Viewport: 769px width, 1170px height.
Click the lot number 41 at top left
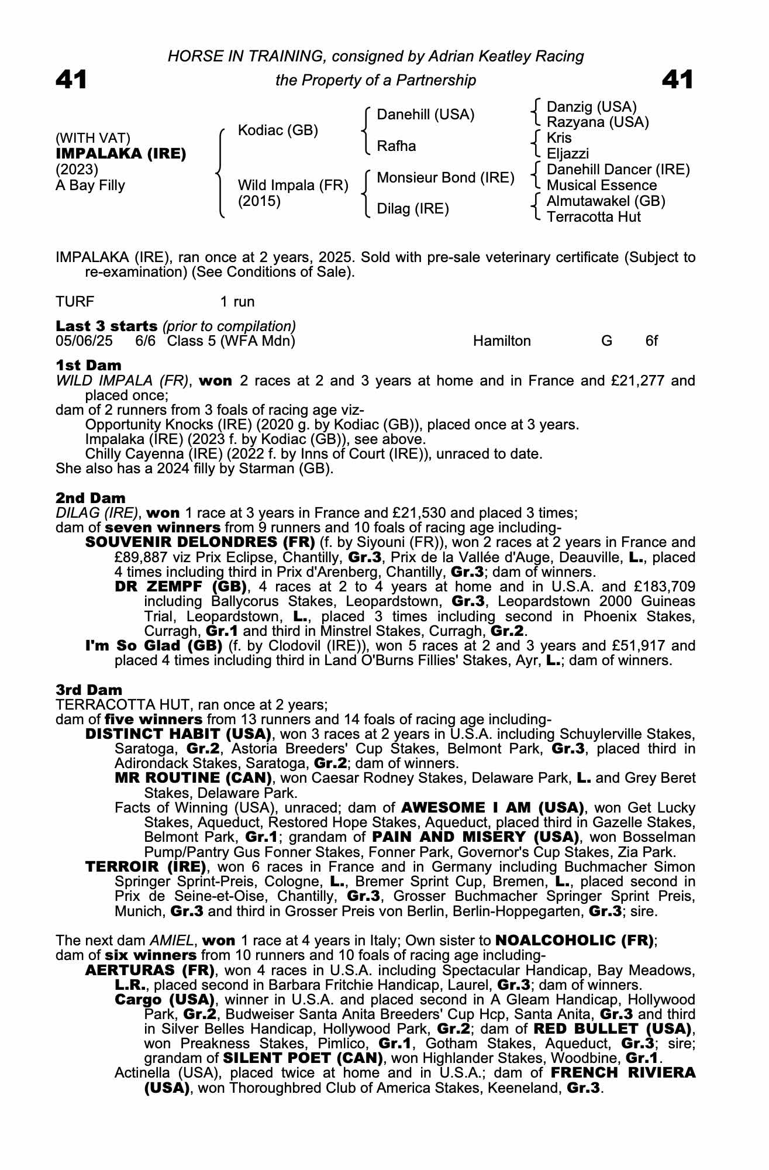pyautogui.click(x=71, y=80)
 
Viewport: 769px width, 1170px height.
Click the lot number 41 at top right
pyautogui.click(x=678, y=80)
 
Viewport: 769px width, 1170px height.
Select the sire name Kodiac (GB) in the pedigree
pyautogui.click(x=278, y=130)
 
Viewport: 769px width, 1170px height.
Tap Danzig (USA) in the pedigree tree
pyautogui.click(x=591, y=107)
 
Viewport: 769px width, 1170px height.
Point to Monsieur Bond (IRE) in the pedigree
pyautogui.click(x=446, y=178)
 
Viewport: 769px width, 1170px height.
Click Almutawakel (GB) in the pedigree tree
pyautogui.click(x=606, y=201)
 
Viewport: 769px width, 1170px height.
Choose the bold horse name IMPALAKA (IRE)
pyautogui.click(x=121, y=154)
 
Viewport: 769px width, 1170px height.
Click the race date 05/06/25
pyautogui.click(x=84, y=341)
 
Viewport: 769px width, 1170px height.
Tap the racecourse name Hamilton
pyautogui.click(x=502, y=341)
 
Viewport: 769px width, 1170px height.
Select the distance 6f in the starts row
pyautogui.click(x=651, y=341)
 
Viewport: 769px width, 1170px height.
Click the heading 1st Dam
pyautogui.click(x=89, y=366)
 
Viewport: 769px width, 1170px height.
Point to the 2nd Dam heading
pyautogui.click(x=91, y=498)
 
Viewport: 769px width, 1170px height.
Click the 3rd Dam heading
pyautogui.click(x=89, y=690)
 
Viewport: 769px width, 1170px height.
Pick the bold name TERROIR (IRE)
pyautogui.click(x=146, y=866)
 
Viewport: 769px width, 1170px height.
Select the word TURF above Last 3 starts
pyautogui.click(x=75, y=302)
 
